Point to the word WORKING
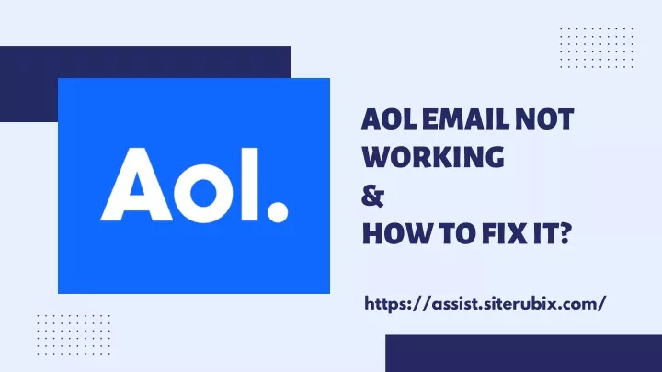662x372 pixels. (x=433, y=157)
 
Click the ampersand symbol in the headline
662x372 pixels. (x=372, y=197)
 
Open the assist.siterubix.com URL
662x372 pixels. (x=485, y=304)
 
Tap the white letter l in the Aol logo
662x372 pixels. (x=249, y=185)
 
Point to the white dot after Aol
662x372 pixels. (x=278, y=212)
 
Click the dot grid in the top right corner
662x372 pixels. (x=597, y=48)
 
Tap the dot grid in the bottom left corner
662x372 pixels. (x=74, y=334)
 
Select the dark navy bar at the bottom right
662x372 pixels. (x=523, y=354)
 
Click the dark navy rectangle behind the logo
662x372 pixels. (x=29, y=84)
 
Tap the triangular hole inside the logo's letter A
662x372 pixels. (x=136, y=187)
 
